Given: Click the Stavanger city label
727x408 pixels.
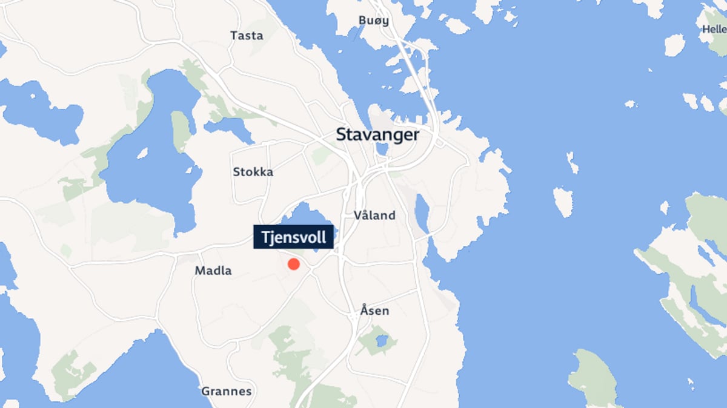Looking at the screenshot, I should coord(377,134).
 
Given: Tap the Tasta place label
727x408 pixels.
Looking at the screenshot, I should coord(247,36).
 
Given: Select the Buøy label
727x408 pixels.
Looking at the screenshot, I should coord(373,21).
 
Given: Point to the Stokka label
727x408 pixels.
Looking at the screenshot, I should coord(253,172).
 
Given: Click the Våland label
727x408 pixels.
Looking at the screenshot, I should coord(374,215).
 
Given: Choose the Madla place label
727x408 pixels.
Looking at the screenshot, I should coord(213,271).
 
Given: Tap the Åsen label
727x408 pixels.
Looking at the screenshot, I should coord(374,311).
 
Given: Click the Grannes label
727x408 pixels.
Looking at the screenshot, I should coord(226,391).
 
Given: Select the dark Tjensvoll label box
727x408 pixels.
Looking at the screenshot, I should coord(294,236).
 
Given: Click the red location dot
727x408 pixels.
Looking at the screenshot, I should coord(294,264).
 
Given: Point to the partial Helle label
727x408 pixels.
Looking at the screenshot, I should coord(714,29).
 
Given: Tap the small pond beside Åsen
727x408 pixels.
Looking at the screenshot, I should coord(381,341).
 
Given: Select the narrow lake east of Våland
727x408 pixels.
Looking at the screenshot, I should coord(422,213).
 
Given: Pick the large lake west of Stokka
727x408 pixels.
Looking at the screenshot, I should coord(151,157).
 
